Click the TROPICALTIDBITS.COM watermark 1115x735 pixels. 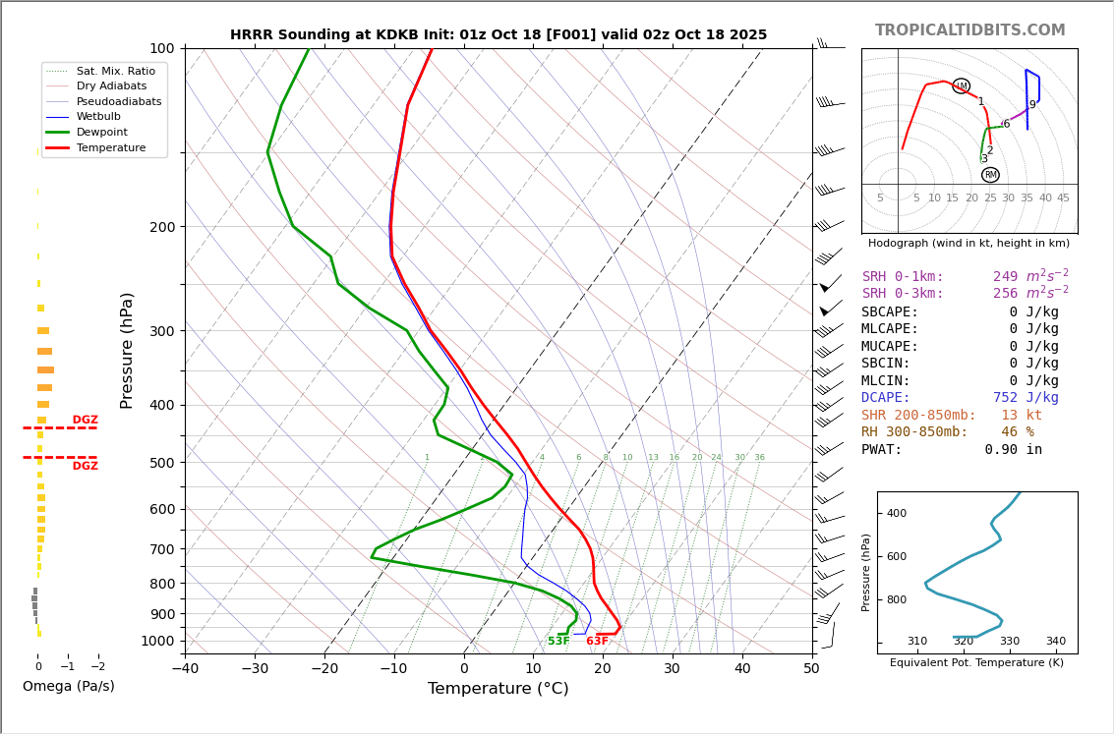coord(969,30)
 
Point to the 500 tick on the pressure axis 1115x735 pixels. coord(161,463)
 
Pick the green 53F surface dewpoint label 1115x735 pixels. coord(558,642)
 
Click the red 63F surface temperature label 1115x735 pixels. coord(597,642)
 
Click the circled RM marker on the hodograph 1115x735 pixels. coord(990,175)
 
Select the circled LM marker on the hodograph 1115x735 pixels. coord(961,86)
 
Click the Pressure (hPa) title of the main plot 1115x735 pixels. coord(127,350)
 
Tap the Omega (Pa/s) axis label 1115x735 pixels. coord(69,687)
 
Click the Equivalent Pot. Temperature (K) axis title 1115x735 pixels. coord(976,663)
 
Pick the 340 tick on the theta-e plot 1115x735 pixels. coord(1055,642)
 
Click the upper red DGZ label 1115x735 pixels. coord(86,421)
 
